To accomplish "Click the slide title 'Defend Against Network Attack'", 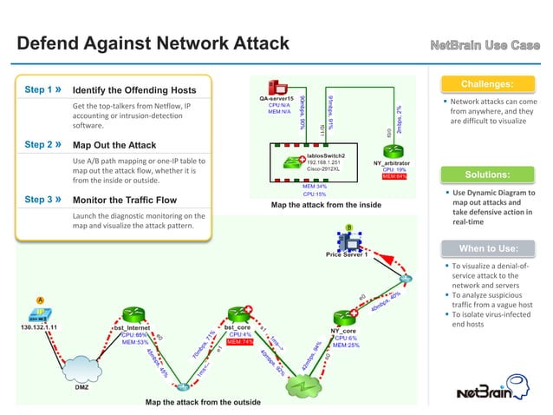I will (x=153, y=43).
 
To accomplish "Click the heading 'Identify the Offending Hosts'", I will (x=134, y=90).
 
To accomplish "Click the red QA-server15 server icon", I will (x=278, y=87).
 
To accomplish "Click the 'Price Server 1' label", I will (x=346, y=255).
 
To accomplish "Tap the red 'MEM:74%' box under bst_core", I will (x=238, y=342).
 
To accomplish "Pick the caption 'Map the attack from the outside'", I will (x=202, y=402).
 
